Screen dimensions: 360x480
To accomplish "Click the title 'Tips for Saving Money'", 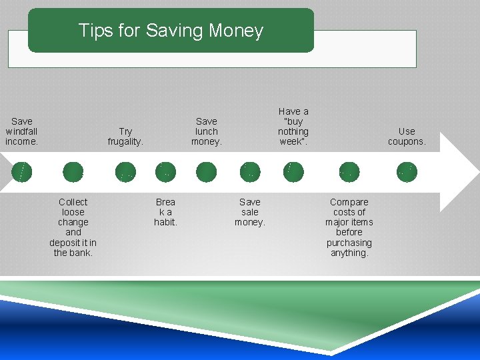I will click(x=171, y=31).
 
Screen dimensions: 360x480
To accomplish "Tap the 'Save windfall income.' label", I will click(x=22, y=131).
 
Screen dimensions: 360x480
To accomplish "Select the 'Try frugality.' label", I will click(x=125, y=137).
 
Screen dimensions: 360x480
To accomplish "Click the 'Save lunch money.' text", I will click(x=207, y=131).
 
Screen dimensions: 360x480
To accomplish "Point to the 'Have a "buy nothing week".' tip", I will click(x=293, y=127).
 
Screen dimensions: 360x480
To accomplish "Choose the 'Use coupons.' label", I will click(x=407, y=137).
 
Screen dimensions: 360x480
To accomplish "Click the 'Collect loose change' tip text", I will click(x=73, y=227).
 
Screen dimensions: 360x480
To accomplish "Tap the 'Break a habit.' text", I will click(x=165, y=212).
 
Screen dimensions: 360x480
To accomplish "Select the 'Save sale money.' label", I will click(x=250, y=212).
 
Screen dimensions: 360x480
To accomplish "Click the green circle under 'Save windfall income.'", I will click(x=22, y=172).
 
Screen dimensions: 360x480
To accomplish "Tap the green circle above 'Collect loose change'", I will click(x=73, y=172).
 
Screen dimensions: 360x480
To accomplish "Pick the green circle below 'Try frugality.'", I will click(x=125, y=172).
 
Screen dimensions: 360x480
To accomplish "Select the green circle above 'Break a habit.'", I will click(x=165, y=172).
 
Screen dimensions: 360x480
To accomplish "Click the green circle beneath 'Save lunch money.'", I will click(x=207, y=172).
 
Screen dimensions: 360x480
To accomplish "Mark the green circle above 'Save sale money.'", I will click(x=250, y=172).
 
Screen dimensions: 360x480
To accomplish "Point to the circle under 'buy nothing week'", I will click(x=293, y=172).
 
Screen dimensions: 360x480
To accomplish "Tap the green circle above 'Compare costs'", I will click(x=349, y=172).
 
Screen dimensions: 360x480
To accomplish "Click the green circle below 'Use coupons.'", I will click(x=407, y=172).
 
